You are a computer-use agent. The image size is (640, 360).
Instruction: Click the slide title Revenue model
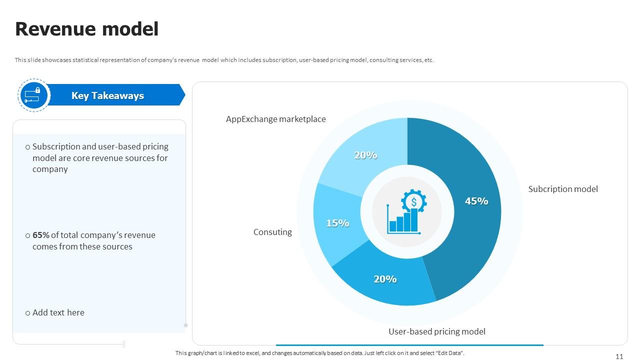(x=87, y=29)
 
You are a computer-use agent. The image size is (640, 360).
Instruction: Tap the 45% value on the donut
(x=476, y=201)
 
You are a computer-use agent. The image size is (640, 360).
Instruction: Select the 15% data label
(x=337, y=223)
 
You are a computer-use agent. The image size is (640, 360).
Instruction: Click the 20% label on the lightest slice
(x=365, y=155)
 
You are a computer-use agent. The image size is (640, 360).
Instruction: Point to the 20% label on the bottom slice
(x=385, y=279)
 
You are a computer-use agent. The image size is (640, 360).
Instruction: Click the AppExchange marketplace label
(x=275, y=119)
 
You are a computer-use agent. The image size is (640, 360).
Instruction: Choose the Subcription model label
(x=563, y=189)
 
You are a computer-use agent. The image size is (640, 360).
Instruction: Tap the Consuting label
(x=272, y=232)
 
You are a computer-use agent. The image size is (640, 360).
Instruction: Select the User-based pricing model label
(x=437, y=331)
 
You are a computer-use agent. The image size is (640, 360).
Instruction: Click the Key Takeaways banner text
(x=107, y=95)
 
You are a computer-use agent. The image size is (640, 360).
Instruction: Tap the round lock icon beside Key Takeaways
(x=34, y=95)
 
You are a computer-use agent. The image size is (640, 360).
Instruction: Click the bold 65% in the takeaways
(x=40, y=235)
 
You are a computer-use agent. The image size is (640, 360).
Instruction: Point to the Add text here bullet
(x=58, y=312)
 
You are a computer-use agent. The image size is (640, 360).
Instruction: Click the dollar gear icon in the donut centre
(x=413, y=201)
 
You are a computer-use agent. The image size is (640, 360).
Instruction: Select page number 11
(x=619, y=356)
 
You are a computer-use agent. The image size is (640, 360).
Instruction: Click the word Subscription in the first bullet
(x=56, y=146)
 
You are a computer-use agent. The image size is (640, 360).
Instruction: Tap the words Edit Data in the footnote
(x=449, y=353)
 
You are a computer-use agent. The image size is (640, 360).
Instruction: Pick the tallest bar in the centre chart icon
(x=414, y=220)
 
